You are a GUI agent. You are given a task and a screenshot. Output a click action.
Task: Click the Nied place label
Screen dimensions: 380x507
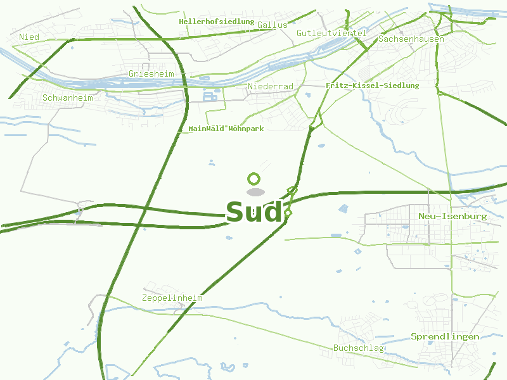[x=29, y=37]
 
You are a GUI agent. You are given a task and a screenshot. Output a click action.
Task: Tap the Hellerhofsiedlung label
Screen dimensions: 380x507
[x=216, y=22]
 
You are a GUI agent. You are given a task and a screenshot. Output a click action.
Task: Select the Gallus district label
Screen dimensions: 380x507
[x=273, y=25]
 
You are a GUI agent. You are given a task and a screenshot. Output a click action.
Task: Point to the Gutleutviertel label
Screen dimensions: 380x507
[x=331, y=33]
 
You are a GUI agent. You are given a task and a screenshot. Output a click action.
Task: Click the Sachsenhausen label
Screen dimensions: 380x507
[x=411, y=39]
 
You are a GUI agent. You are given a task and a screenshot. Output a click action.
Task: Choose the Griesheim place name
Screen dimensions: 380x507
[x=151, y=74]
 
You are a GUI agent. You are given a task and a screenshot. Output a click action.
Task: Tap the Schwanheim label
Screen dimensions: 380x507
[x=67, y=98]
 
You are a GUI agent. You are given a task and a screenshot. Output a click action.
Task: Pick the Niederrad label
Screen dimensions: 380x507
[x=271, y=86]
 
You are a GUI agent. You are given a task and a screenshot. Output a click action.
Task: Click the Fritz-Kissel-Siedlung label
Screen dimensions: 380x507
[x=372, y=85]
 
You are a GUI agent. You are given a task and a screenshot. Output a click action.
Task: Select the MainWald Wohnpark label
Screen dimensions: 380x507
[x=226, y=129]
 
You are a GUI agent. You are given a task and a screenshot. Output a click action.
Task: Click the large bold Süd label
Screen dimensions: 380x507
[x=253, y=212]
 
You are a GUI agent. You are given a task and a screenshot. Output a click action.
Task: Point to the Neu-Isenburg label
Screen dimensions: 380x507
[x=452, y=217]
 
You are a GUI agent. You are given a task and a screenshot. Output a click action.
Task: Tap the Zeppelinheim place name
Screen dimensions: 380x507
[x=172, y=298]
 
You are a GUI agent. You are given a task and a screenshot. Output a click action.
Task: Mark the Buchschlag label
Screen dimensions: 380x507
[x=359, y=348]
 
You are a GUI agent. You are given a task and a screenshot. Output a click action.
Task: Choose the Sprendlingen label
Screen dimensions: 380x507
[x=444, y=337]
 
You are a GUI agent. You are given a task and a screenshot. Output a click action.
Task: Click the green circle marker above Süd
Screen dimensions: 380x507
[x=254, y=179]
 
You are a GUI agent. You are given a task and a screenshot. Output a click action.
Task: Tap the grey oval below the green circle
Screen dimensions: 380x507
[x=255, y=192]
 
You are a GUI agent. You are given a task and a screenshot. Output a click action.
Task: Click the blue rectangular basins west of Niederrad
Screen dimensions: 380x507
[x=210, y=96]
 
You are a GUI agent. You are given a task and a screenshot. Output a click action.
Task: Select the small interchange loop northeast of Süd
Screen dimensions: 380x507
[x=292, y=189]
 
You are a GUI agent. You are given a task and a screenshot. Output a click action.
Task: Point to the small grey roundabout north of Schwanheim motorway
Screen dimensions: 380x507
[x=80, y=208]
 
